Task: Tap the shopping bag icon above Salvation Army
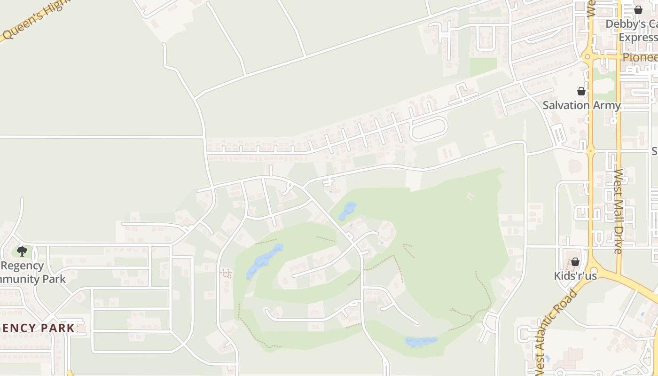click(581, 91)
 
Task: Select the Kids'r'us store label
click(575, 276)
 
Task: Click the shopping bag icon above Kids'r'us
click(575, 262)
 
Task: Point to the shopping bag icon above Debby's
click(638, 9)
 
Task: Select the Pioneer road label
click(640, 57)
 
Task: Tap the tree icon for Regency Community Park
click(22, 251)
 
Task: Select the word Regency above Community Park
click(22, 266)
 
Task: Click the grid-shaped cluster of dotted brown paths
click(227, 273)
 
